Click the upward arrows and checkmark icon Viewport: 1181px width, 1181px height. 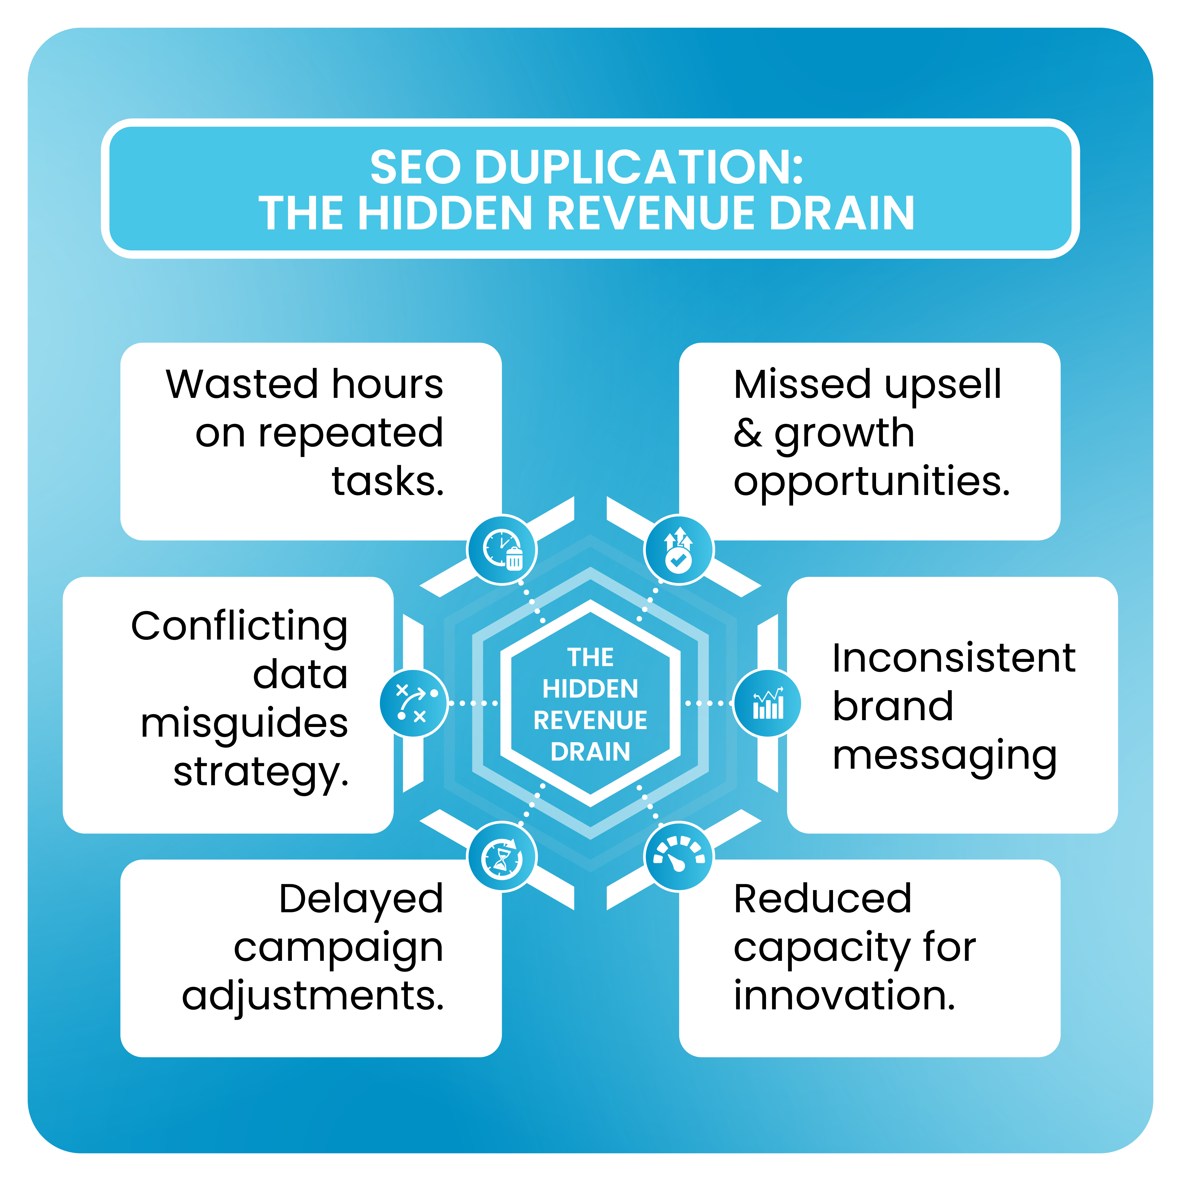[x=678, y=550]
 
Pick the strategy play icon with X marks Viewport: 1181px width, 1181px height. [x=414, y=703]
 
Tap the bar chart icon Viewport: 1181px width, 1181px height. [x=767, y=703]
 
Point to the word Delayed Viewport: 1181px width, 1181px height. [x=361, y=899]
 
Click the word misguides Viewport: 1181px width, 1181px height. [x=245, y=723]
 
